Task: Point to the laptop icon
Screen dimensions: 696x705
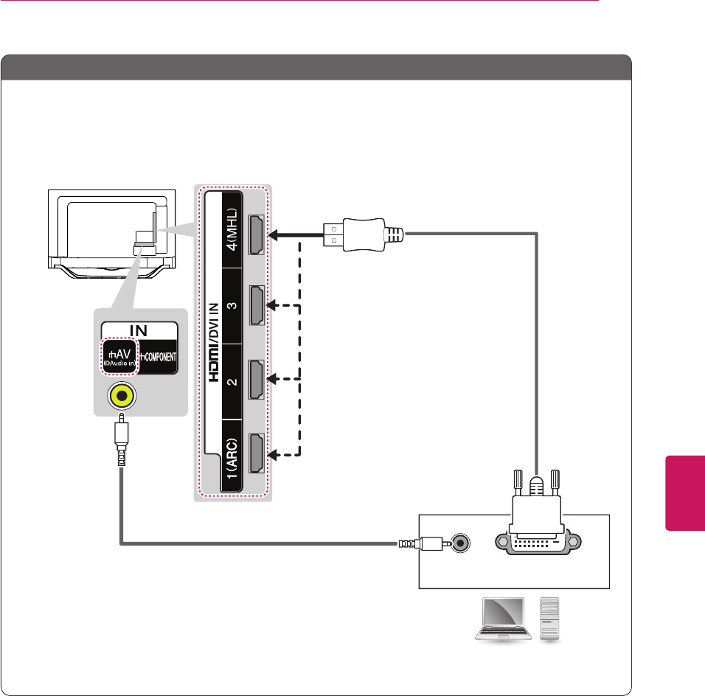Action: (504, 619)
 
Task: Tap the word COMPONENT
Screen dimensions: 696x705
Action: (156, 355)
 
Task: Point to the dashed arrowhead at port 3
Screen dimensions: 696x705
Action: (273, 305)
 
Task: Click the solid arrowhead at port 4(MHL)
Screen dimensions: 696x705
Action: (273, 234)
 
